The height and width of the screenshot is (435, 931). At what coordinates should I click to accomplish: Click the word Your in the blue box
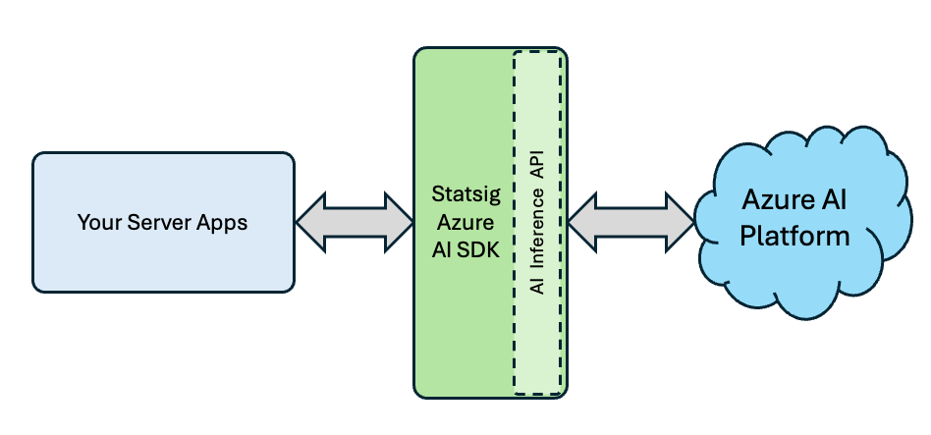coord(98,223)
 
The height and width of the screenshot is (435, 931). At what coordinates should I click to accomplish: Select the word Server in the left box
coord(151,223)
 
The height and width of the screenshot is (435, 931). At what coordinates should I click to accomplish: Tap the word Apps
coord(215,223)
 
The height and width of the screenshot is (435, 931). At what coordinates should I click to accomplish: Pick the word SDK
coord(477,249)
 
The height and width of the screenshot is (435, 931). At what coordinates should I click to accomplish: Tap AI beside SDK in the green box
coord(441,249)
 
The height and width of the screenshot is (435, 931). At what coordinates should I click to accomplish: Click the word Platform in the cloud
coord(794,237)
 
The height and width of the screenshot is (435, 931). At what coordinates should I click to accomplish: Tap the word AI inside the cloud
coord(834,204)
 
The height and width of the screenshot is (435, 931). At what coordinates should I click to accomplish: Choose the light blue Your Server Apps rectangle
coord(163,265)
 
